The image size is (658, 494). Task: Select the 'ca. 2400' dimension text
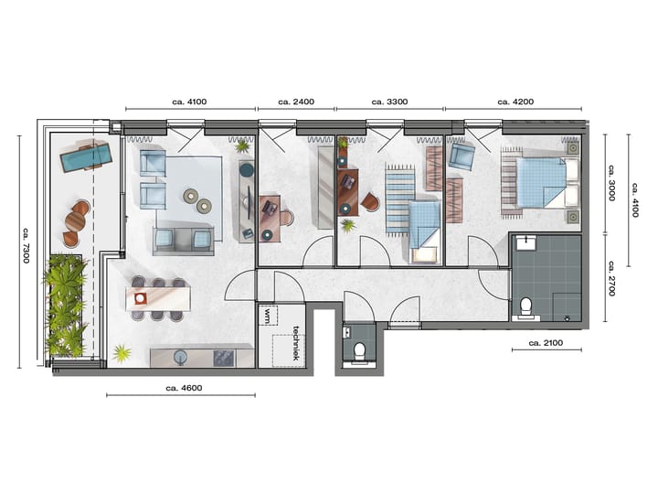tap(296, 102)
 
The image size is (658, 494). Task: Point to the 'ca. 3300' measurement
tap(389, 102)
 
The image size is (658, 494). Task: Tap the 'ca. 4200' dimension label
tap(515, 102)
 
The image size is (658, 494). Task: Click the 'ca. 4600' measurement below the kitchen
tap(183, 388)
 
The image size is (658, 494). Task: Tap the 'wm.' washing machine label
tap(268, 317)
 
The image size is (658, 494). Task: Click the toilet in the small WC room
tap(360, 349)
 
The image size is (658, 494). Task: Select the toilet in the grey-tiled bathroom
tap(525, 306)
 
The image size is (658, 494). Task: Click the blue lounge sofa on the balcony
tap(85, 158)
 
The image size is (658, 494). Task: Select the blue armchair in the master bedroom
tap(462, 156)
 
